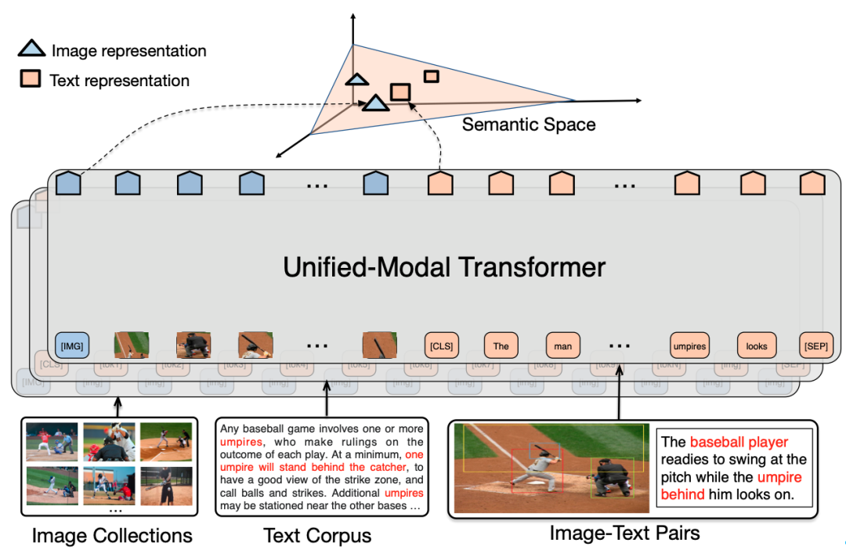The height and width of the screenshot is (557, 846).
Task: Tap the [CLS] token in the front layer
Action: [440, 345]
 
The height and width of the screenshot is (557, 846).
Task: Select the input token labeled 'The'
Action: [501, 345]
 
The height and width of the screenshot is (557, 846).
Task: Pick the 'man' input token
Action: [563, 345]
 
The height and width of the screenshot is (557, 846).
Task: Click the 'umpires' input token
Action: [689, 345]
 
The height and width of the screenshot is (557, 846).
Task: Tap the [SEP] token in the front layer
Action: [815, 345]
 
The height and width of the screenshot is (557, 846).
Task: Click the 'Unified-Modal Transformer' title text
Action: [444, 267]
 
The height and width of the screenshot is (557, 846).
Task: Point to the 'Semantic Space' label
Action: [529, 125]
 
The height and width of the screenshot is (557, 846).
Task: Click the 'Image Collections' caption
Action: [112, 536]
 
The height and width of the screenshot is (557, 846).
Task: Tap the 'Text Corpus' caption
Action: [317, 536]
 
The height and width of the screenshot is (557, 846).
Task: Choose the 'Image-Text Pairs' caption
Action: [624, 533]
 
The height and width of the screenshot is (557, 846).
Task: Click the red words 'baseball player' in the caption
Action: [739, 443]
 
